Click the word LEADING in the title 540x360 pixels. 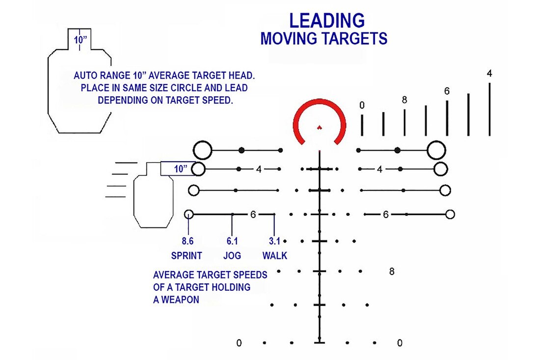click(327, 21)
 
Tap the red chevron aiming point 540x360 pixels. click(319, 128)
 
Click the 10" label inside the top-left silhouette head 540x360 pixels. click(80, 40)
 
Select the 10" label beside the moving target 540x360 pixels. click(181, 169)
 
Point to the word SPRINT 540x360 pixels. click(187, 255)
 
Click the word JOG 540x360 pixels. click(232, 255)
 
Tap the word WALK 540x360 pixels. click(274, 255)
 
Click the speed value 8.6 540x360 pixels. click(188, 241)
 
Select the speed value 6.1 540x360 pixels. click(232, 241)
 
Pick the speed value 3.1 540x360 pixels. click(274, 241)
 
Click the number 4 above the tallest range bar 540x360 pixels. click(489, 73)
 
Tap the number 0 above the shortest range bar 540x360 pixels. click(362, 105)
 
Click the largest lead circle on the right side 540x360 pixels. click(436, 150)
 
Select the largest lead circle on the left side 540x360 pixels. click(202, 150)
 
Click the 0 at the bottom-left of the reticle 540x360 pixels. click(239, 343)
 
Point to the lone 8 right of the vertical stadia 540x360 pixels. click(392, 272)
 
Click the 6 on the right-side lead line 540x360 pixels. click(386, 215)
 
